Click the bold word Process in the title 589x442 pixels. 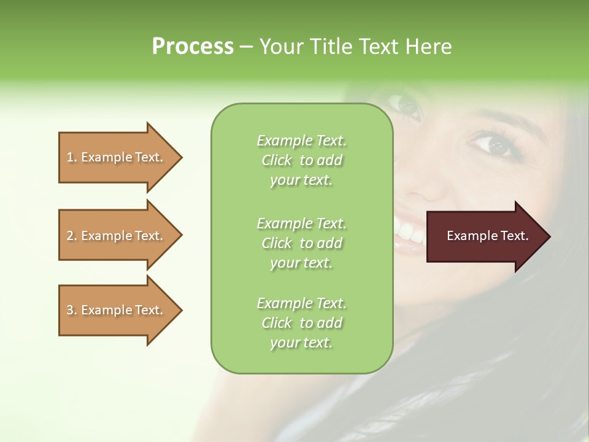point(193,47)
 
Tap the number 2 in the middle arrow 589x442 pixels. point(70,236)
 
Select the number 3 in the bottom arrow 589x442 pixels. point(70,310)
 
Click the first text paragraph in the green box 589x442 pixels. point(301,160)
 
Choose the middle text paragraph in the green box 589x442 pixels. point(301,243)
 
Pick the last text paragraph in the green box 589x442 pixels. point(301,323)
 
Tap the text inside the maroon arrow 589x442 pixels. point(487,236)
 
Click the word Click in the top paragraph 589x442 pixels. point(277,160)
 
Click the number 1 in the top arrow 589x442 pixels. point(70,157)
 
